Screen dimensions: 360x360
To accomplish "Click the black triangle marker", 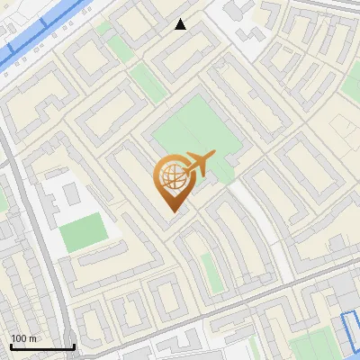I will (181, 24).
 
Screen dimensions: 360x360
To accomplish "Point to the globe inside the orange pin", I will (171, 178).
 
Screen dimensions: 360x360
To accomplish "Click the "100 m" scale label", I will (24, 338).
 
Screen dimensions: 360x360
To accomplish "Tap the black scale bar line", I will (42, 346).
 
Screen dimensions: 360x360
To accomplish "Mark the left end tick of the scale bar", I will (12, 345).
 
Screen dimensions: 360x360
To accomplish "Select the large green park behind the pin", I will (193, 135).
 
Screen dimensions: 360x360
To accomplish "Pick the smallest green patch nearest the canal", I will (103, 28).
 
